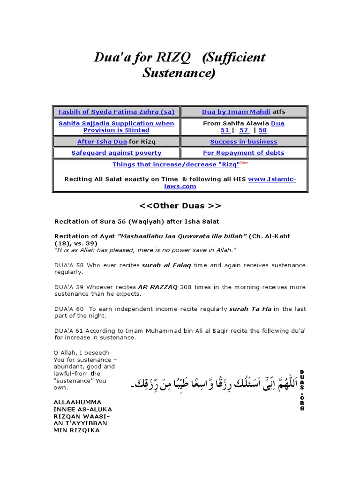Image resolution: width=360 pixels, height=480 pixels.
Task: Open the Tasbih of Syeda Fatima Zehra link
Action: tap(116, 112)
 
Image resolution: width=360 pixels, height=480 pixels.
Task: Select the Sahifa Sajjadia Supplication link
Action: tap(116, 127)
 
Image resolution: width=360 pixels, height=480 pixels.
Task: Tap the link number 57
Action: tap(244, 130)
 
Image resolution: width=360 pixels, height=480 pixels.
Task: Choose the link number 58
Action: tap(262, 130)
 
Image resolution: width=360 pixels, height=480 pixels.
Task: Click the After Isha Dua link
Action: tap(103, 142)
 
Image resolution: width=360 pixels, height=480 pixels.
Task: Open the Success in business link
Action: tap(243, 142)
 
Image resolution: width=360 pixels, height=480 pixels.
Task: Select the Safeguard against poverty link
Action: tap(116, 153)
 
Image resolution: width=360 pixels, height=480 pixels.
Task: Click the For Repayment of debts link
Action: tap(243, 153)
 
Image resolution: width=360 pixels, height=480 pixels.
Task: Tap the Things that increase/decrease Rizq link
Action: tap(176, 165)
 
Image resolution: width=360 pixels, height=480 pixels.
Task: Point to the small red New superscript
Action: tap(244, 162)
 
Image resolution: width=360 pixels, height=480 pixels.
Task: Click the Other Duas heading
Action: tap(180, 206)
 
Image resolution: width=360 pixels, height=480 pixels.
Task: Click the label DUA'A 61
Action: tap(69, 330)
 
